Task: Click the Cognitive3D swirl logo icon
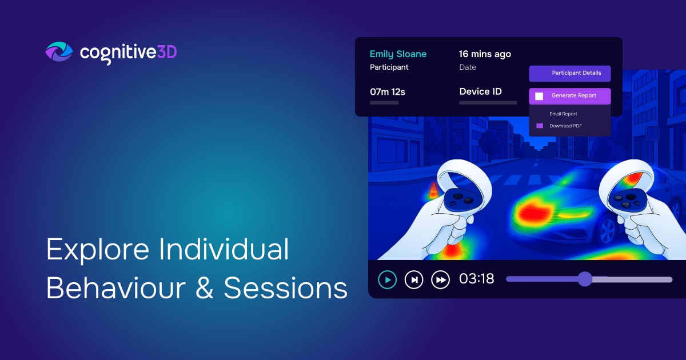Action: tap(59, 52)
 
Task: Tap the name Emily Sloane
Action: tap(398, 54)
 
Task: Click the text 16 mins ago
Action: tap(485, 54)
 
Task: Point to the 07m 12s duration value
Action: tap(388, 91)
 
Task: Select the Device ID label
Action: tap(480, 91)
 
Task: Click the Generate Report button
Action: tap(569, 96)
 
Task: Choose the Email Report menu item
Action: tap(563, 114)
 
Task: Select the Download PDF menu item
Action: tap(565, 126)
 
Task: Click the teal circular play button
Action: tap(387, 279)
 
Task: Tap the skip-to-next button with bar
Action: tap(414, 279)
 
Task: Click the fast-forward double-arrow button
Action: tap(440, 279)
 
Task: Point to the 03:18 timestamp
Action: tap(477, 279)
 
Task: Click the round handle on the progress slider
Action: tap(584, 279)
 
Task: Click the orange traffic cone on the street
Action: tap(433, 190)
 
